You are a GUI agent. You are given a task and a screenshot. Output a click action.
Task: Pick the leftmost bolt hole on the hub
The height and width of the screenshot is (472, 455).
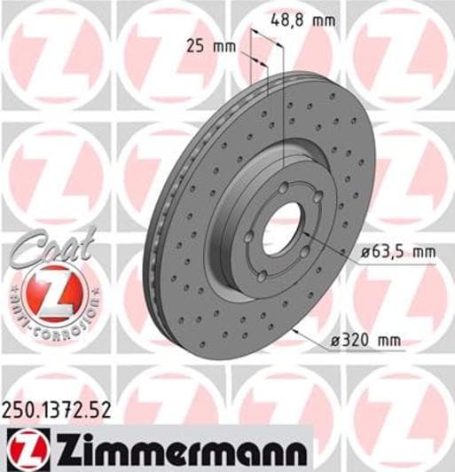click(251, 234)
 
